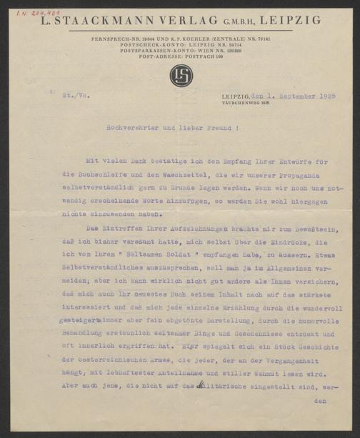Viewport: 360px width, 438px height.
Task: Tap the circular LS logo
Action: (179, 76)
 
